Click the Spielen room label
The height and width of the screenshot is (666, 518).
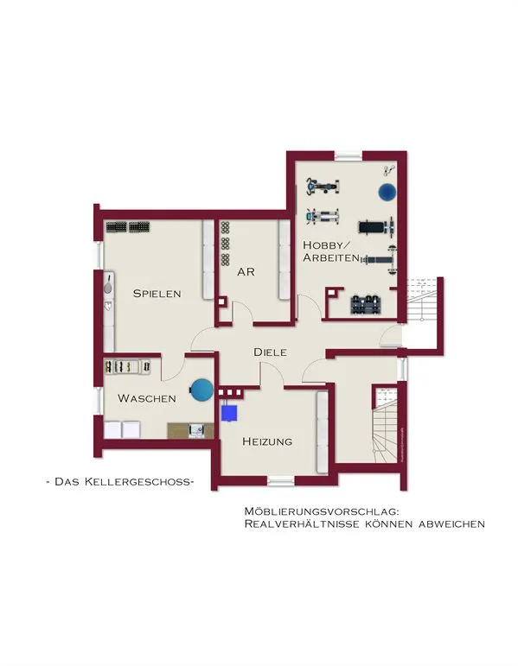[157, 294]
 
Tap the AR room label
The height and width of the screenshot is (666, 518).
[246, 272]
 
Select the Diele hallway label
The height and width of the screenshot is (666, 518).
[270, 352]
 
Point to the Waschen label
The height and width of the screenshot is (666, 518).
[147, 398]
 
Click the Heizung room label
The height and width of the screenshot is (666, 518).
[267, 441]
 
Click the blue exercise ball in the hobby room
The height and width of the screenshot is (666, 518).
[387, 192]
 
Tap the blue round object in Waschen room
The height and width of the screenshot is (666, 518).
[201, 390]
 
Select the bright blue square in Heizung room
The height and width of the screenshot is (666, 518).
[229, 413]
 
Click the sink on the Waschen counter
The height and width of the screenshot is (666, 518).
[197, 430]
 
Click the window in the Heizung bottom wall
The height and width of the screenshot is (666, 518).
[281, 481]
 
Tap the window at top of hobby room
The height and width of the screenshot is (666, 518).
[349, 155]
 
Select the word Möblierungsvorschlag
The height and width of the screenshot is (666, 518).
[322, 511]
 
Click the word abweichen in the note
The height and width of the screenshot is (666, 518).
[451, 524]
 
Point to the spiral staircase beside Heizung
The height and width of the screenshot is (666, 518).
[386, 424]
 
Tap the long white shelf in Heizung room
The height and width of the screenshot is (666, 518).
[323, 433]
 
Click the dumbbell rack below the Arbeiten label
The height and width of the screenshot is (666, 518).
[366, 304]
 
